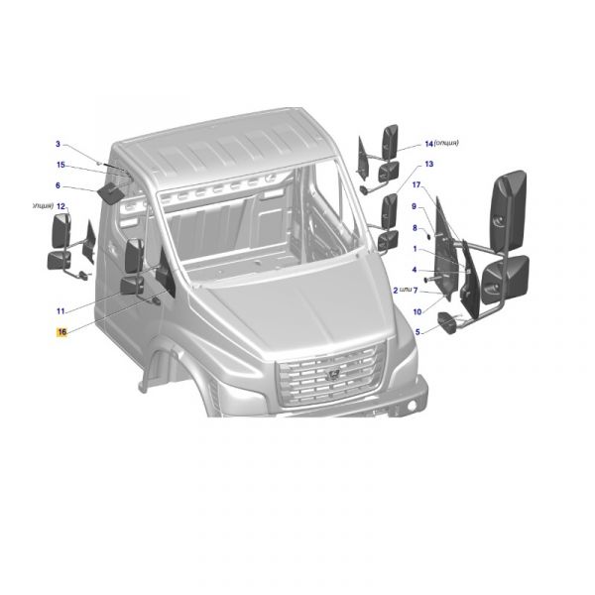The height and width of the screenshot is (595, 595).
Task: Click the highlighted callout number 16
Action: (61, 333)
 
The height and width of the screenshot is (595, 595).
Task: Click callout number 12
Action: (60, 206)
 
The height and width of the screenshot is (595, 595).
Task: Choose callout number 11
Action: (60, 311)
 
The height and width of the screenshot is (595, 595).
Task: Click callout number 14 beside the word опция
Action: (429, 143)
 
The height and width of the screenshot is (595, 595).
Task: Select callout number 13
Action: (429, 164)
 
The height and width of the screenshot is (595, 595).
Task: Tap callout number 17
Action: (417, 185)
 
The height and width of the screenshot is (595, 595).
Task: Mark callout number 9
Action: (415, 206)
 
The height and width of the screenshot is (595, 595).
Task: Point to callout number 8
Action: (415, 228)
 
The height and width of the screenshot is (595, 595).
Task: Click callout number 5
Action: (417, 331)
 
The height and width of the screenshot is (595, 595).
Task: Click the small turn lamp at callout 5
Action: (447, 323)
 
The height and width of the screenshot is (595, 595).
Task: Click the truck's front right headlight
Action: (408, 353)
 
